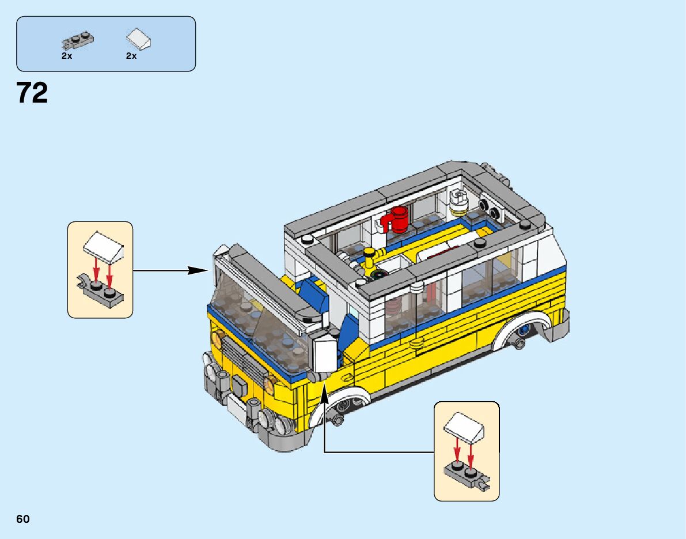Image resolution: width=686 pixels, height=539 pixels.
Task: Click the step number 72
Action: pos(32,93)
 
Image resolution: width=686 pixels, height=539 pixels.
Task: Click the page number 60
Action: pos(23,519)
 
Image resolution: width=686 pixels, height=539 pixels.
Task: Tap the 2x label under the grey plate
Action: pos(67,56)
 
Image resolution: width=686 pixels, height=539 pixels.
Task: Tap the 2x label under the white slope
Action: pos(131,56)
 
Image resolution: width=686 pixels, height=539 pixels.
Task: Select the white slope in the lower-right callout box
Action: pos(464,426)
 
